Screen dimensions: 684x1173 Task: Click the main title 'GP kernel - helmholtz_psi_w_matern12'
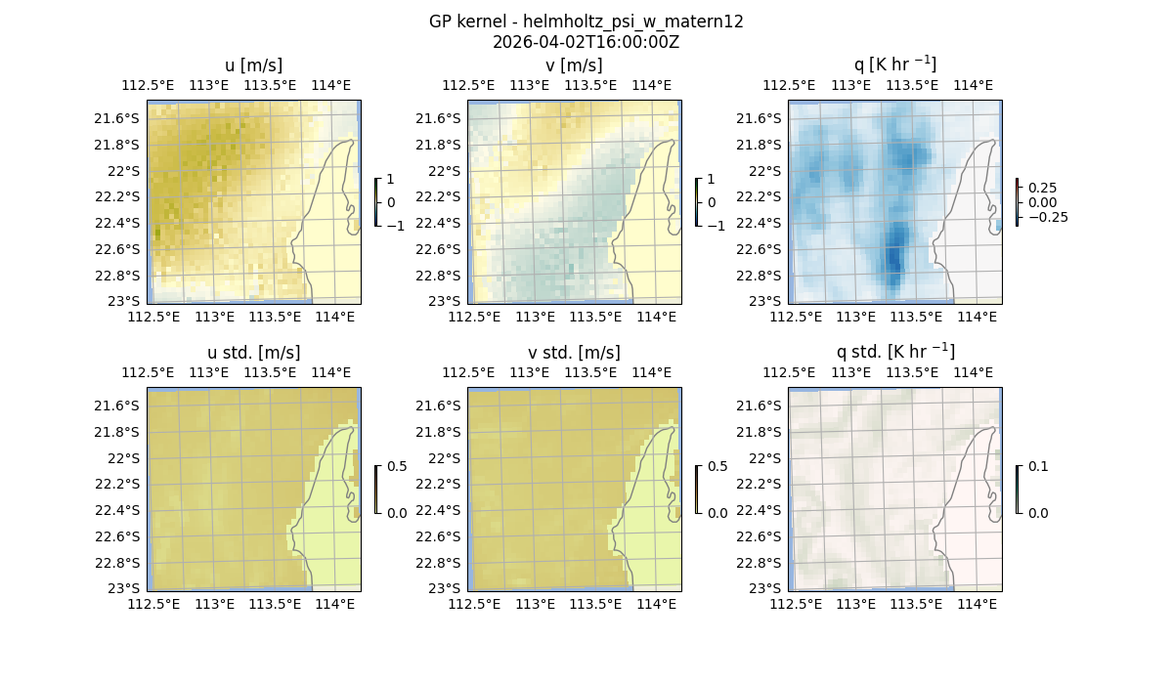click(586, 21)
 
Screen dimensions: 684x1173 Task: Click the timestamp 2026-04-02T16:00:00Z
click(586, 42)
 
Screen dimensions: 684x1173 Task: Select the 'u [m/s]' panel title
click(253, 65)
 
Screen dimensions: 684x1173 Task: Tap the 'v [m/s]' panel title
click(574, 65)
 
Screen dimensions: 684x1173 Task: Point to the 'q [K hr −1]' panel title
click(894, 64)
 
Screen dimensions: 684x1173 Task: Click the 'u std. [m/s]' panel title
click(253, 353)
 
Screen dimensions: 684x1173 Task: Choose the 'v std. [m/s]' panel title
click(574, 353)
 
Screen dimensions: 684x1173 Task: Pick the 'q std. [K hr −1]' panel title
click(894, 352)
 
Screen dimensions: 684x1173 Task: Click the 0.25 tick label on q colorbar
click(1043, 188)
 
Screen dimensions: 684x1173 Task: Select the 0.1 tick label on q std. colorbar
click(1036, 467)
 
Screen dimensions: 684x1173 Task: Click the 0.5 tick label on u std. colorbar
click(397, 467)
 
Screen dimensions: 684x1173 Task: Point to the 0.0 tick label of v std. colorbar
click(717, 512)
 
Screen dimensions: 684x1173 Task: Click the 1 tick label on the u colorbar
click(391, 180)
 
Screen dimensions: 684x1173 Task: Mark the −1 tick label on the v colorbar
click(717, 225)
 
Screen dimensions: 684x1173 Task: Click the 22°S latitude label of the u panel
click(124, 171)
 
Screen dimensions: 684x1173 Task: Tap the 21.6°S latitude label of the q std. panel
click(758, 406)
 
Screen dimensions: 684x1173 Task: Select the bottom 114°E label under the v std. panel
click(657, 605)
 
